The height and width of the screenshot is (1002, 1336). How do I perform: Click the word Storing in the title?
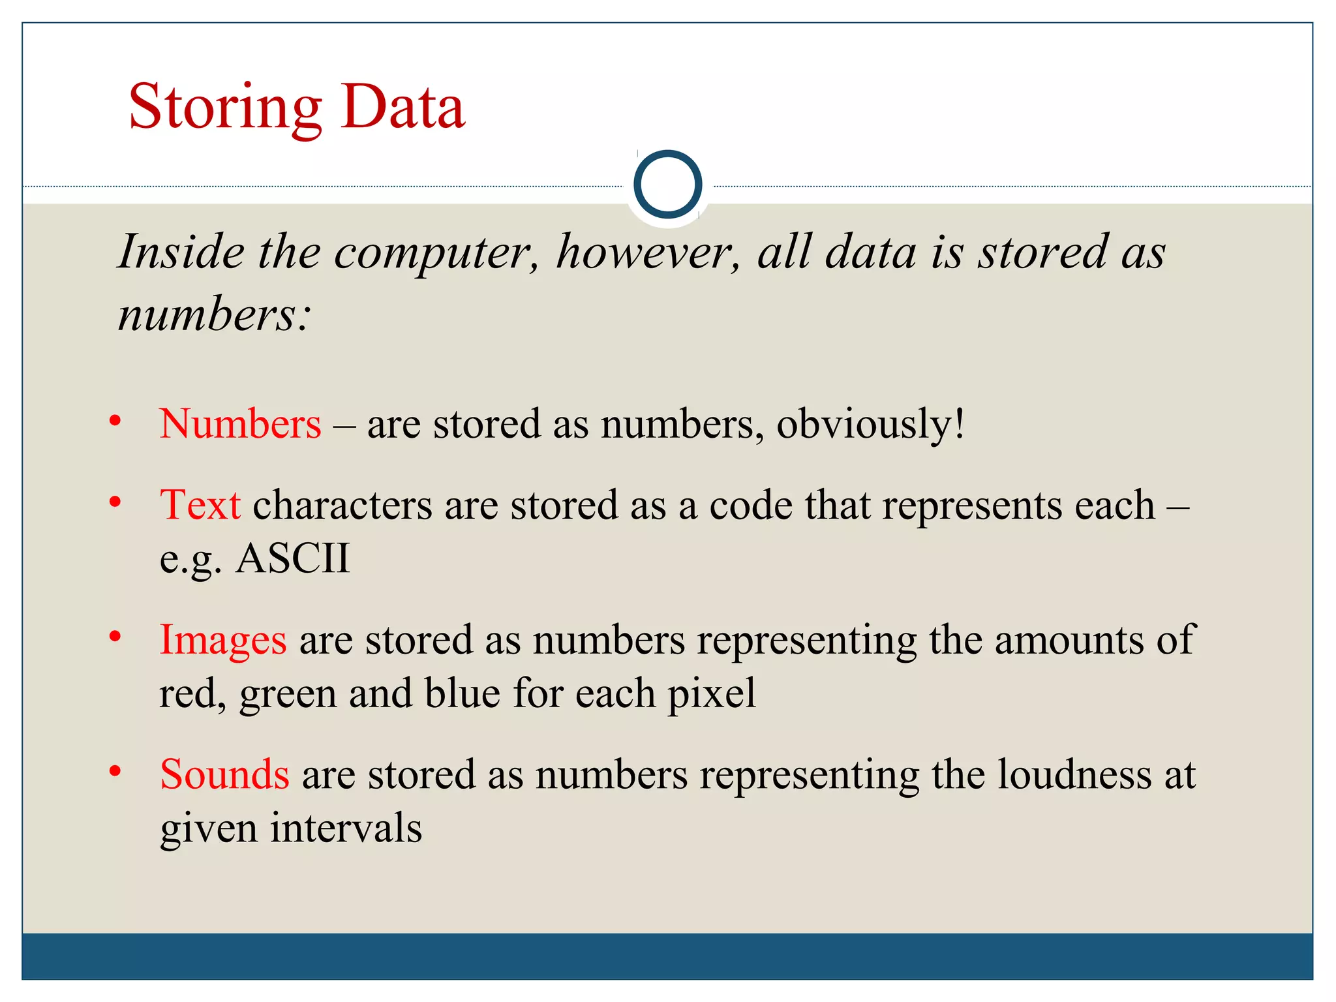pos(225,108)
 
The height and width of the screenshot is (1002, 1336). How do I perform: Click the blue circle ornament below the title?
pos(667,184)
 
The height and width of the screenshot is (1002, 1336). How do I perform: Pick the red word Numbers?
pos(240,424)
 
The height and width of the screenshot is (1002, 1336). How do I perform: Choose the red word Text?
pos(200,505)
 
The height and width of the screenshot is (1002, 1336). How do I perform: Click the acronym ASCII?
pos(293,558)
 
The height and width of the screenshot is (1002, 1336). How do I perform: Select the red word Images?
pos(223,640)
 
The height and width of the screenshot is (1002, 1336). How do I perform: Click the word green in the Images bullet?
pos(288,695)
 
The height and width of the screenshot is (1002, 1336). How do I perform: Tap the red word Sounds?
pos(224,774)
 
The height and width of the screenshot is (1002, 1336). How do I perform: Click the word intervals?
pos(346,828)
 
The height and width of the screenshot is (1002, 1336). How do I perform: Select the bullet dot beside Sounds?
pos(115,772)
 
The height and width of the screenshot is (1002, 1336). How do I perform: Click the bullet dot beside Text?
pos(115,502)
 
